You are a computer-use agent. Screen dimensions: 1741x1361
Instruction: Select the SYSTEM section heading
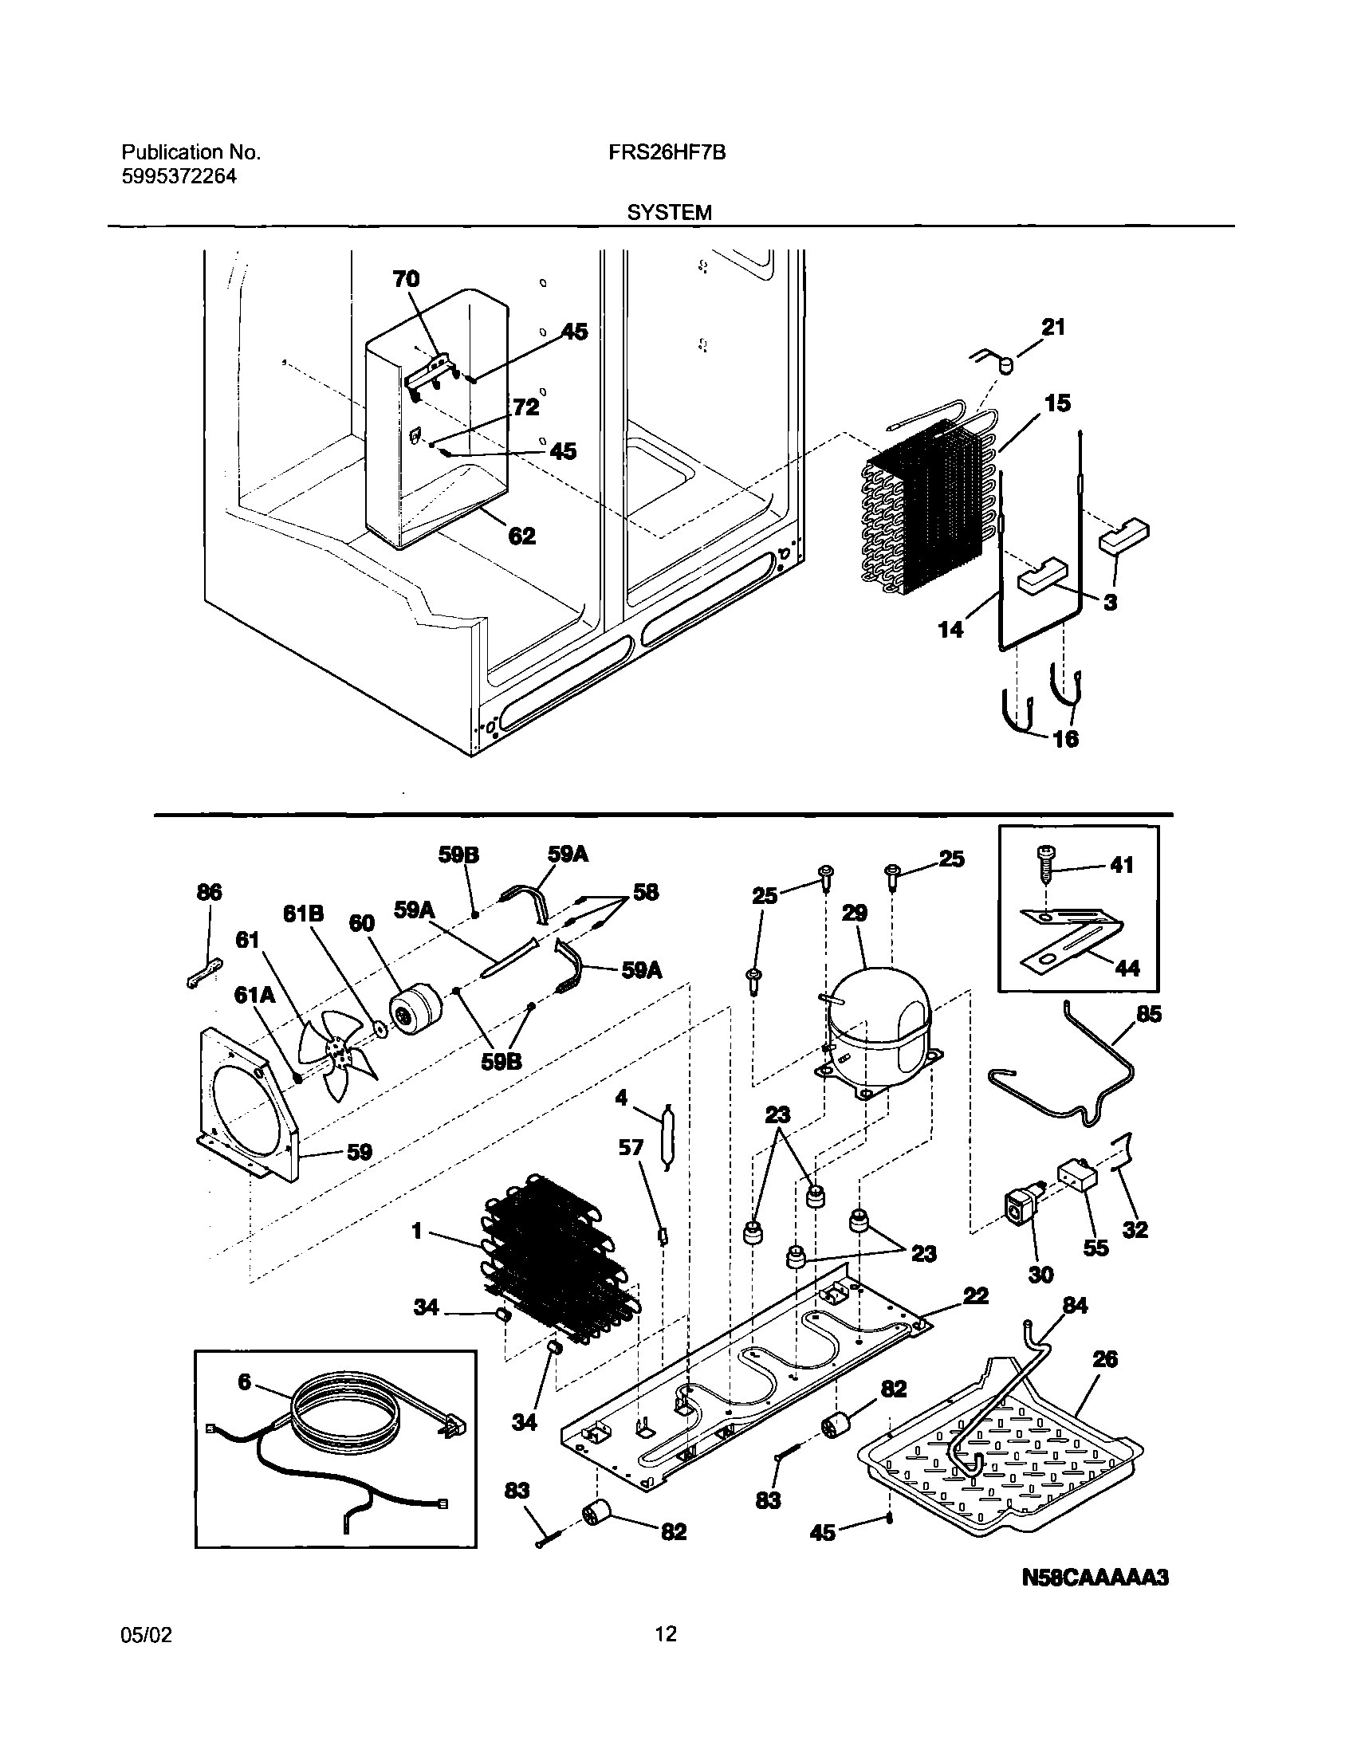click(669, 213)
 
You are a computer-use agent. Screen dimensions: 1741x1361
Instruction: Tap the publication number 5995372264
click(179, 176)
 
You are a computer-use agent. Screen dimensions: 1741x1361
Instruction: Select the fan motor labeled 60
click(415, 1011)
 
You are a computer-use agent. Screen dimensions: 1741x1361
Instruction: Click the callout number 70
click(406, 278)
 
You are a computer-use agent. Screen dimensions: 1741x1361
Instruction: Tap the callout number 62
click(521, 536)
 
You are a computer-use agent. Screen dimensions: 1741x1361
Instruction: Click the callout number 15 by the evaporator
click(1058, 403)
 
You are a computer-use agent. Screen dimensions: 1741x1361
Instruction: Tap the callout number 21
click(1053, 327)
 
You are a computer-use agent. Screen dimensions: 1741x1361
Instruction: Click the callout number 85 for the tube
click(1149, 1015)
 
